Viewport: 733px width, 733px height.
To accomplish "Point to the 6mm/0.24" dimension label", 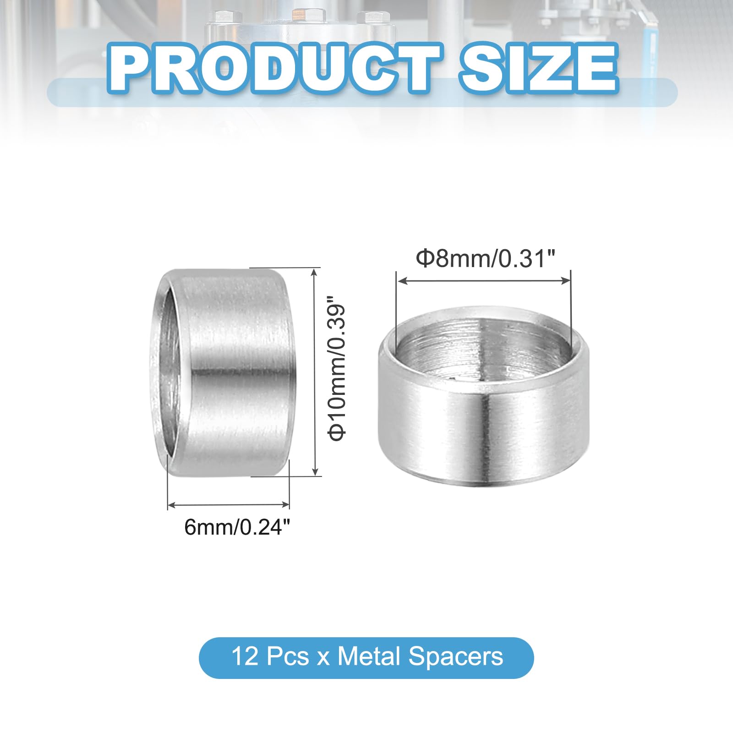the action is (x=237, y=527).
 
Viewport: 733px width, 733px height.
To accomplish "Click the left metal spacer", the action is (x=219, y=372).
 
